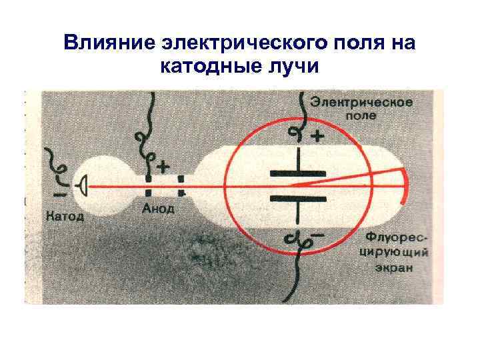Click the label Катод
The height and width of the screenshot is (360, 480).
(65, 216)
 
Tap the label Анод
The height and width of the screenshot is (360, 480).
(159, 209)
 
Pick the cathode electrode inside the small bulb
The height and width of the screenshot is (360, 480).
(84, 183)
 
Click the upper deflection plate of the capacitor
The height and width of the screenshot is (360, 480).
(297, 172)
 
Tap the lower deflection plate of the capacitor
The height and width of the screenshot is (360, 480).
(297, 197)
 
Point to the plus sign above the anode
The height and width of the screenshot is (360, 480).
(162, 164)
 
